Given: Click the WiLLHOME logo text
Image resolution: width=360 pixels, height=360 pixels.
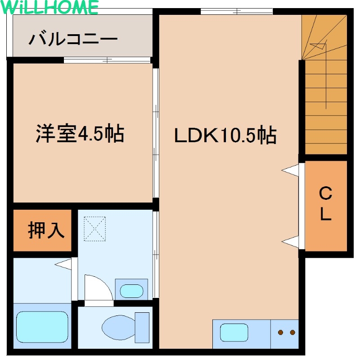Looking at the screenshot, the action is pos(49,7).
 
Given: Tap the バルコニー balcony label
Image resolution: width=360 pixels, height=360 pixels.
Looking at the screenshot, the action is pos(73,39).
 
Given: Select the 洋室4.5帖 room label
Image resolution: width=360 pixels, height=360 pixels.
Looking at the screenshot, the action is pos(80,134).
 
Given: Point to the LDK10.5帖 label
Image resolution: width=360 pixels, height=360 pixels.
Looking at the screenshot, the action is pos(225,135).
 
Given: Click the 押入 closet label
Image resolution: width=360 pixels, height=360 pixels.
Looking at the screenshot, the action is pos(46,230).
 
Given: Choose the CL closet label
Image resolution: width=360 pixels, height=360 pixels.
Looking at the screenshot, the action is pos(325,203).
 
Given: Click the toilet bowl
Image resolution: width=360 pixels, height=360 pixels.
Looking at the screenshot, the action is pos(118,328).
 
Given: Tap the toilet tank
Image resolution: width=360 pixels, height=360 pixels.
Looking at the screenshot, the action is pos(142,328).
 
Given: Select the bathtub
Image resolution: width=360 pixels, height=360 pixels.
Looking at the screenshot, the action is pos(42,327).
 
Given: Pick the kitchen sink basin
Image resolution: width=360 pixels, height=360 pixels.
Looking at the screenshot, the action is pos(234,333).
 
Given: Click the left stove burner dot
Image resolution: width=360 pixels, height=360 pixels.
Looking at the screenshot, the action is pos(280,332).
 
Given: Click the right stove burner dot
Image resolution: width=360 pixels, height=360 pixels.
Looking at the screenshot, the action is pos(292,332).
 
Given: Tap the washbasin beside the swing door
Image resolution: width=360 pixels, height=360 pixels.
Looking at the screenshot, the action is pos(131,291).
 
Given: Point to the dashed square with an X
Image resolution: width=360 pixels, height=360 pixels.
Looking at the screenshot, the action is pos(94,229).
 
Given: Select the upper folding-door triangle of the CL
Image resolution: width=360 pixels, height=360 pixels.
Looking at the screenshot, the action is pos(290,170).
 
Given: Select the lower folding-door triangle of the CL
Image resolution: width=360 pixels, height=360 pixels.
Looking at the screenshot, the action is pos(290,242).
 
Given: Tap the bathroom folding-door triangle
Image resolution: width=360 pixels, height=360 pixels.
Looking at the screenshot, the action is pos(63,264).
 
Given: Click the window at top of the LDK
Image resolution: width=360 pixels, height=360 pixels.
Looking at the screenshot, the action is pos(237,11).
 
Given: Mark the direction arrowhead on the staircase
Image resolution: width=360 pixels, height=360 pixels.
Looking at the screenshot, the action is pos(319,46).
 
